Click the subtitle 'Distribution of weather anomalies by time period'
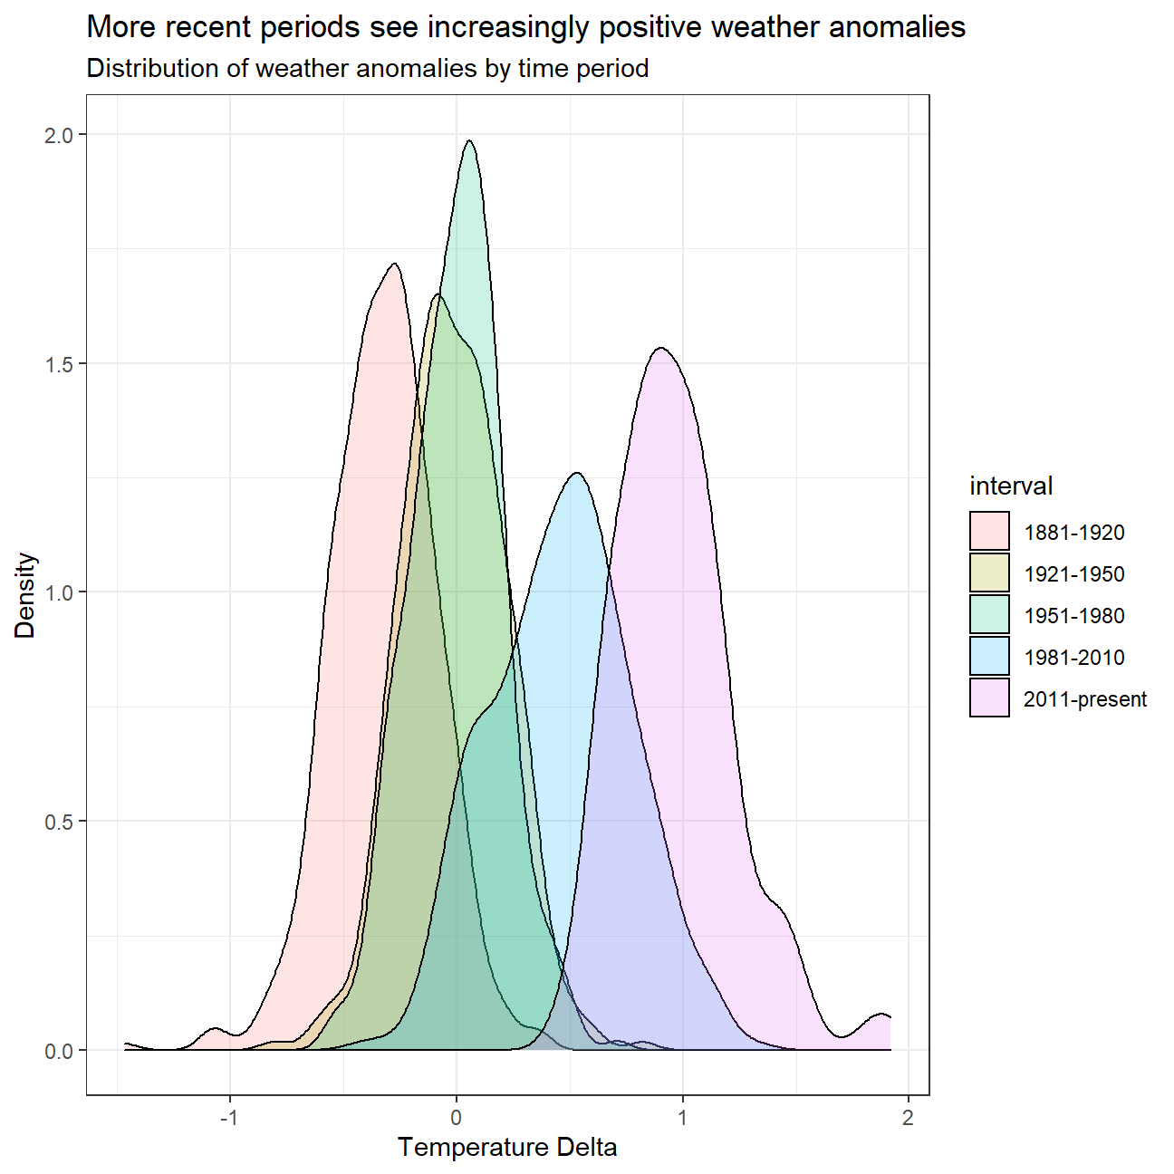[x=367, y=69]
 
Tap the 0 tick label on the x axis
[x=457, y=1117]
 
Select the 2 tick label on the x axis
[x=908, y=1117]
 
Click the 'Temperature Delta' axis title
[x=507, y=1148]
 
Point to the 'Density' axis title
[x=25, y=595]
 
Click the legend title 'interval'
[x=1011, y=486]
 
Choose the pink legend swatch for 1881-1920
[x=989, y=532]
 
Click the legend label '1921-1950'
[x=1074, y=574]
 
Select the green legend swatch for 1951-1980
[x=989, y=615]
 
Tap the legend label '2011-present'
[x=1085, y=699]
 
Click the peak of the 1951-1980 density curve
[x=469, y=140]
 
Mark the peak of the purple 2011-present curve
[x=662, y=348]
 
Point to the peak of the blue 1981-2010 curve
[x=576, y=473]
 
